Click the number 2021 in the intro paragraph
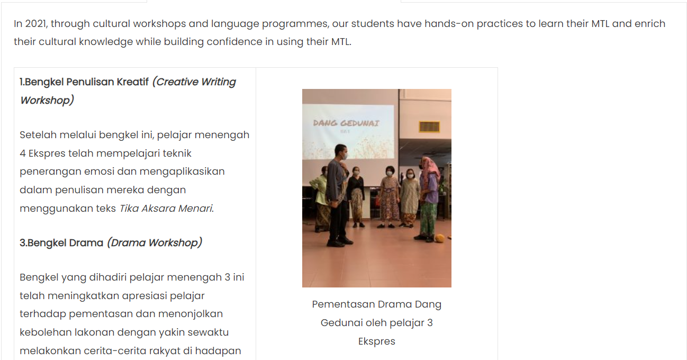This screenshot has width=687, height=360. point(36,24)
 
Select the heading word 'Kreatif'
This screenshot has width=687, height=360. point(133,82)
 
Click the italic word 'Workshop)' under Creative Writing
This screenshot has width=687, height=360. point(47,101)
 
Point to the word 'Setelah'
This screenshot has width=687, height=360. point(38,134)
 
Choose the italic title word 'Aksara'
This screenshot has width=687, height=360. point(158,209)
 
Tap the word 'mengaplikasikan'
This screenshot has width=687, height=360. point(182,172)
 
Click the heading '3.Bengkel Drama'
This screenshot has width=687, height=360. point(61,243)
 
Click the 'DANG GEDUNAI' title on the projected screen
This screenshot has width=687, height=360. point(346,123)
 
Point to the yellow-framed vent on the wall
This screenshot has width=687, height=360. point(429,127)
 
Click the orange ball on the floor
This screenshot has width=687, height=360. point(440,238)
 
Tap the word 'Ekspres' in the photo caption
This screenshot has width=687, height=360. point(377,341)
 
